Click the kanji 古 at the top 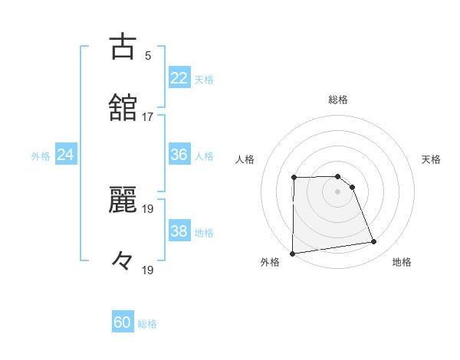(x=123, y=47)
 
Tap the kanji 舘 (x=123, y=108)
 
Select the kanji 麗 (x=123, y=198)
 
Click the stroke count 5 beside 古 (x=148, y=55)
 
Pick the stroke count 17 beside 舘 (x=148, y=117)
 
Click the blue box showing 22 (x=179, y=77)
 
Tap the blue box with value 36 (x=179, y=155)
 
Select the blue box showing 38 (x=179, y=231)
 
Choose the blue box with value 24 (x=66, y=155)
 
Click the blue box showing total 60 (x=123, y=322)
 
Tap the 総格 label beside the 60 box (x=147, y=324)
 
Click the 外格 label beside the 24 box (x=41, y=156)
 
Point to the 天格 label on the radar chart (x=432, y=159)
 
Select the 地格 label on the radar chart (x=402, y=262)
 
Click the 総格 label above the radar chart (x=338, y=100)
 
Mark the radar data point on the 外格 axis (x=292, y=254)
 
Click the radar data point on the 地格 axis (x=374, y=242)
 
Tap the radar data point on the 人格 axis (x=294, y=178)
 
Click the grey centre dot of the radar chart (x=338, y=191)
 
